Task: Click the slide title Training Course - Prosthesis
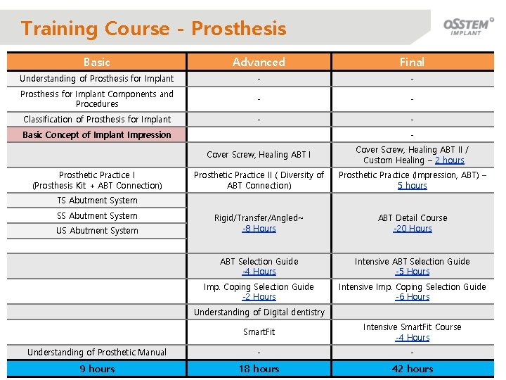[154, 29]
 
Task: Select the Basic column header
[96, 62]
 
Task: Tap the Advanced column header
[259, 62]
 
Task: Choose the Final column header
[412, 62]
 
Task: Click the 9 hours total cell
[97, 369]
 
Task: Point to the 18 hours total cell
[259, 369]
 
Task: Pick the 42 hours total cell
[412, 369]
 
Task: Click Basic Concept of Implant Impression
[97, 134]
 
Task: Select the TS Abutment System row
[97, 201]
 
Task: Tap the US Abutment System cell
[97, 231]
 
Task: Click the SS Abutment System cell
[97, 216]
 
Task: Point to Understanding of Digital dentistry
[259, 312]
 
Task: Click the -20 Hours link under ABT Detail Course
[412, 229]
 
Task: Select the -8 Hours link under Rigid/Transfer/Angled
[259, 229]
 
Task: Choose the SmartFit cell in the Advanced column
[259, 331]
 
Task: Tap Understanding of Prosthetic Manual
[97, 352]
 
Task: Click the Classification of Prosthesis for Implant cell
[97, 119]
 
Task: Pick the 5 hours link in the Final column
[412, 186]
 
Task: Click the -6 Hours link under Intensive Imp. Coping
[412, 297]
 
